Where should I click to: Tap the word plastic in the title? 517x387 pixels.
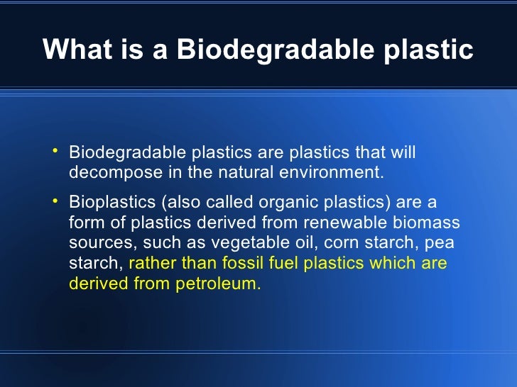coord(430,49)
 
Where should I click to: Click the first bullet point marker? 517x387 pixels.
coord(55,151)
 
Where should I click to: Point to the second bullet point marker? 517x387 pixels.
coord(55,201)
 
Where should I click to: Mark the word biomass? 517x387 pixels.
coord(429,223)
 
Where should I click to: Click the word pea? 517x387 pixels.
coord(440,244)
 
